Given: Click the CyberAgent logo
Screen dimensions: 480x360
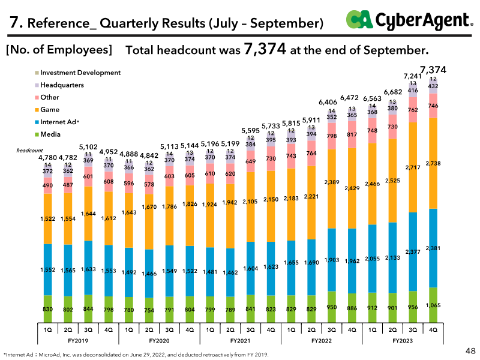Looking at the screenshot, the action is click(x=410, y=20).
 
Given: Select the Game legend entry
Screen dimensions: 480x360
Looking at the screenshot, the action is click(x=47, y=110).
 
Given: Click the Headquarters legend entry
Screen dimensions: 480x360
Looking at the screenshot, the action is click(x=59, y=85).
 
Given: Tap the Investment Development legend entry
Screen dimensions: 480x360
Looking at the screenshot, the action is click(x=78, y=73).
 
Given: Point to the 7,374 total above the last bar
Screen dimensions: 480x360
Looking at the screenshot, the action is click(x=433, y=70).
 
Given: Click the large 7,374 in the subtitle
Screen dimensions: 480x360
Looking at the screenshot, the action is click(x=265, y=49).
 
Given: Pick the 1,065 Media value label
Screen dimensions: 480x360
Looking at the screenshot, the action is click(x=433, y=305).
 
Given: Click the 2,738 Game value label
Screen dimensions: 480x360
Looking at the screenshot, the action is click(x=433, y=163).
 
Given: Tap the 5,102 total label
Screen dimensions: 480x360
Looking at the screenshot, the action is click(x=88, y=147).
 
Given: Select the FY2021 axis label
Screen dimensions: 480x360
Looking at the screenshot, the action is click(x=241, y=341).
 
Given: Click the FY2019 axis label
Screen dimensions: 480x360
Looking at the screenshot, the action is click(x=78, y=341).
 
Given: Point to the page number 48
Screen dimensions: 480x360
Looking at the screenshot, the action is click(x=470, y=351).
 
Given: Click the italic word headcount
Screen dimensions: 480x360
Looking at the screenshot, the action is click(x=29, y=151).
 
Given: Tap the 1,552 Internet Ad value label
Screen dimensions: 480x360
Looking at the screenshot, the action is click(x=48, y=269).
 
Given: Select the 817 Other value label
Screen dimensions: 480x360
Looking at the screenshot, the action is click(x=352, y=134).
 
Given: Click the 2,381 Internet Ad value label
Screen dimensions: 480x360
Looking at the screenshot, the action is click(x=433, y=248).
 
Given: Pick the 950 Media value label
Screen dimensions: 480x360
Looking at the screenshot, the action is click(x=332, y=307).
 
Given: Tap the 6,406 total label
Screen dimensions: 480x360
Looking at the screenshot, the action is click(x=328, y=102).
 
